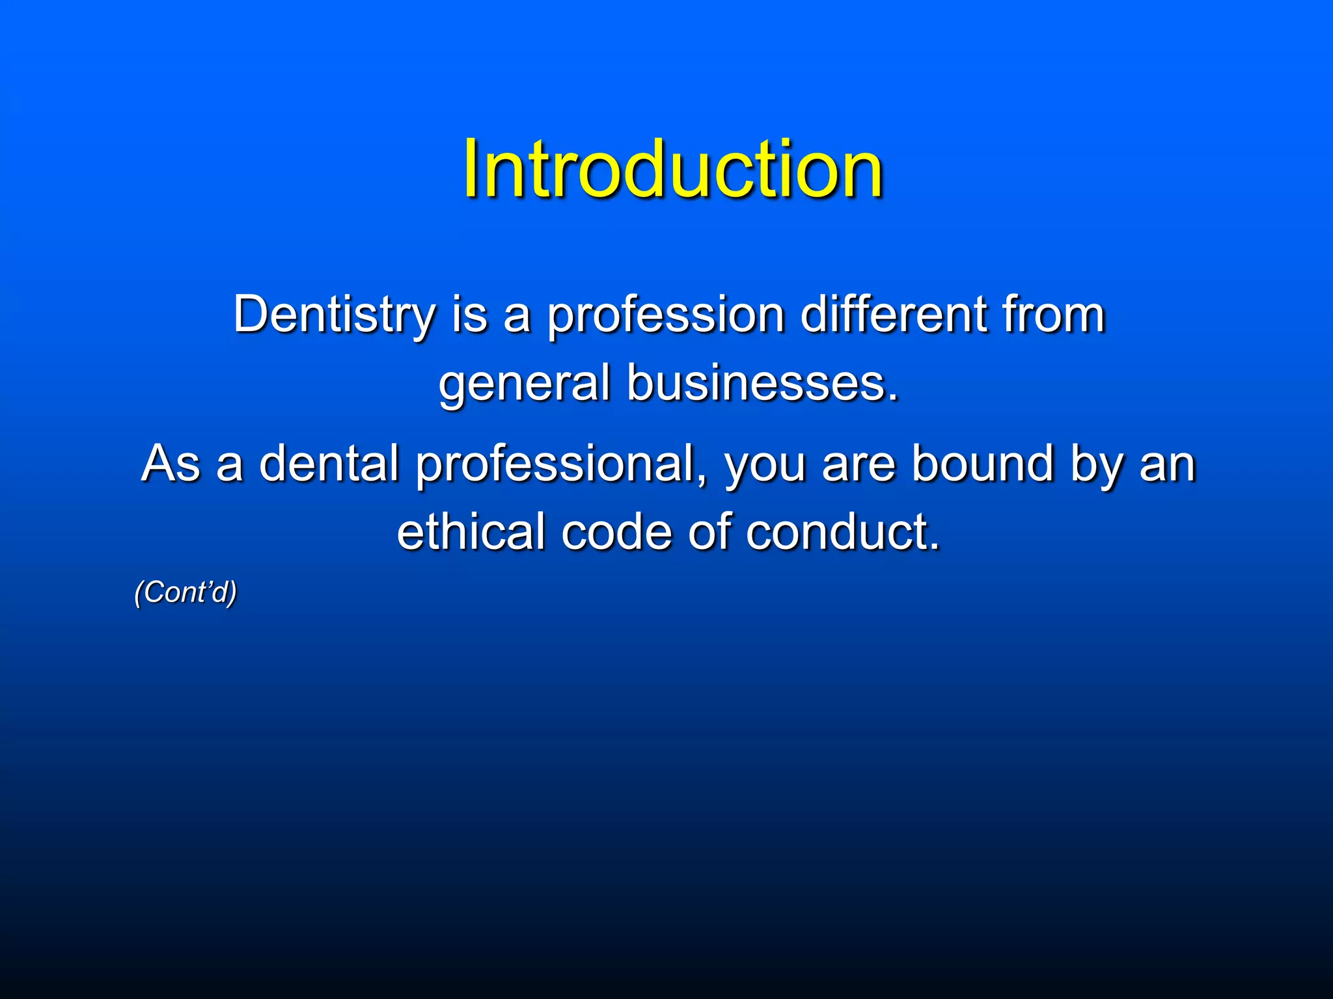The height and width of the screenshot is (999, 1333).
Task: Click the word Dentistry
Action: (334, 315)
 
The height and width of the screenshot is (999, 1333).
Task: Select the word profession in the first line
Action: (665, 315)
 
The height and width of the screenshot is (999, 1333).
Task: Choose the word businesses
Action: (762, 384)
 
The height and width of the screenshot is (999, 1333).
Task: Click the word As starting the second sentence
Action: (171, 463)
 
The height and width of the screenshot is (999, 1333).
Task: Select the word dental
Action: (329, 463)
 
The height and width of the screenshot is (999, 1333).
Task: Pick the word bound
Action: (982, 463)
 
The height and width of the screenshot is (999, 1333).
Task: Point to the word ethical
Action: (471, 531)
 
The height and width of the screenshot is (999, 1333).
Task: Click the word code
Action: (616, 531)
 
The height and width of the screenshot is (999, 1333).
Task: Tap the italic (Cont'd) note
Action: (186, 593)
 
